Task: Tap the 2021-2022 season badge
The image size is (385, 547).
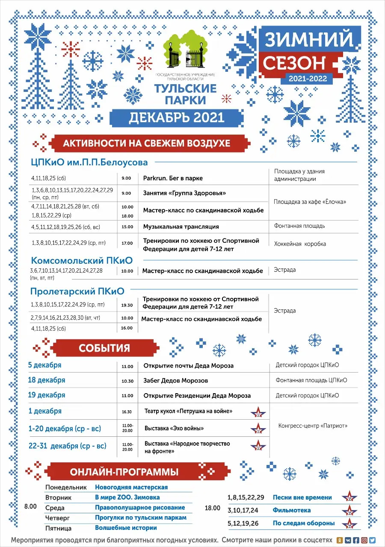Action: click(x=307, y=78)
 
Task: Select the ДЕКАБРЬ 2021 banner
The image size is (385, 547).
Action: click(x=176, y=117)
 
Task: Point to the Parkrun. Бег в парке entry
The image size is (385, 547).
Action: click(x=173, y=178)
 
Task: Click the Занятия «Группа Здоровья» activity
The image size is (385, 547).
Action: click(x=184, y=193)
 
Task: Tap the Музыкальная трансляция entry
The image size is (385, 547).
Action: click(x=181, y=226)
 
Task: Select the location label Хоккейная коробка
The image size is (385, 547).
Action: click(x=300, y=244)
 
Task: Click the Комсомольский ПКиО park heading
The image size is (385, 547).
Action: click(x=81, y=260)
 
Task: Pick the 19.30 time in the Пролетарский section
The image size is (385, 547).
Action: click(x=127, y=305)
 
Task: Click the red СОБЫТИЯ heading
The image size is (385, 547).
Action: click(x=104, y=348)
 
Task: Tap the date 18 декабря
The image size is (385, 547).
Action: click(x=47, y=380)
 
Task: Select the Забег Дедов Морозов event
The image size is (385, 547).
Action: click(x=175, y=380)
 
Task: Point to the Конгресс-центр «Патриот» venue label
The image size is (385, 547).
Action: click(x=313, y=426)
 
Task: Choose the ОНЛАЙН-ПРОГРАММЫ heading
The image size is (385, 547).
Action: click(x=124, y=472)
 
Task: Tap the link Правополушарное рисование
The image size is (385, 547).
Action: click(x=140, y=508)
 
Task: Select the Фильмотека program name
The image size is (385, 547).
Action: click(x=291, y=510)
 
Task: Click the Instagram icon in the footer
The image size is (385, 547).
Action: click(x=364, y=540)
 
